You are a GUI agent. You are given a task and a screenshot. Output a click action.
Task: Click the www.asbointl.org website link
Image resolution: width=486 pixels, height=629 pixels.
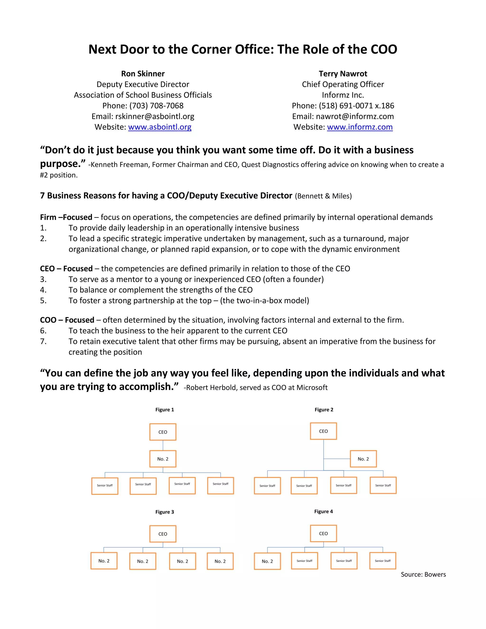click(x=159, y=127)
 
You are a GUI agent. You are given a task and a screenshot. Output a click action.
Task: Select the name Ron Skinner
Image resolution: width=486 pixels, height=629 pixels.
click(x=143, y=74)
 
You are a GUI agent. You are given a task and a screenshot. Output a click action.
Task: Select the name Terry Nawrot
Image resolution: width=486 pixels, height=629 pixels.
click(x=343, y=74)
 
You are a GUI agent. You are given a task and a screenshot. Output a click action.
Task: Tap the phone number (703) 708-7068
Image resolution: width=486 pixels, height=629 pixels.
click(x=156, y=106)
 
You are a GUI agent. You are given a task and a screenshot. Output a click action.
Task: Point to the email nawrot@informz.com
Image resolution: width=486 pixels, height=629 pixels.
click(x=355, y=116)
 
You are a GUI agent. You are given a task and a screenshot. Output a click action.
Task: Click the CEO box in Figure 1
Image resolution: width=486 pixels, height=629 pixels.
click(x=163, y=432)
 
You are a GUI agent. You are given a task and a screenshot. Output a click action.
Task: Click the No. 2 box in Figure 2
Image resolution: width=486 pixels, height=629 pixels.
click(x=363, y=459)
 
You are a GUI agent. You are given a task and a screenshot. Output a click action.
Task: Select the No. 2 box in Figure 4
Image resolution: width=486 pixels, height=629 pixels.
click(x=267, y=561)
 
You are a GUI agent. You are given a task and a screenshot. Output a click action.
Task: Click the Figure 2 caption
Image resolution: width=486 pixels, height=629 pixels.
click(x=324, y=409)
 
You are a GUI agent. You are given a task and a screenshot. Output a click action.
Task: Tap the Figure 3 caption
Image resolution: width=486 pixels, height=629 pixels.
click(x=164, y=512)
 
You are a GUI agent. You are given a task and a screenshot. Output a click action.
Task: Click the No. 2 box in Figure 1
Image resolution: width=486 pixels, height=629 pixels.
click(x=163, y=459)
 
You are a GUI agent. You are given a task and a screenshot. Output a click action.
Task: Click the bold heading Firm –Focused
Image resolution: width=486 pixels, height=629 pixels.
click(x=66, y=217)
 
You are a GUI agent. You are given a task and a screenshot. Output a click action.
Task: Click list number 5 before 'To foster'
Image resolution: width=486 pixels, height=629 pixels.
click(x=43, y=301)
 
